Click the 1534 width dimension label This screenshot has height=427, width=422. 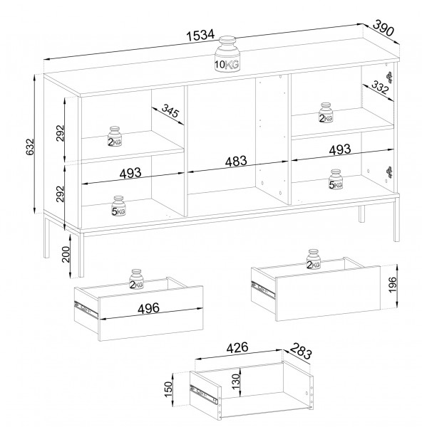point(201,36)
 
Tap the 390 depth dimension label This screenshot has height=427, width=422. point(383,28)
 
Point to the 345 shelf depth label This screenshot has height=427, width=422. point(170,110)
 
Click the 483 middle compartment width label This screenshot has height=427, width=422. point(236,161)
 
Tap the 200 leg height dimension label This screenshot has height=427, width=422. point(66,254)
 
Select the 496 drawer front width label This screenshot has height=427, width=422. point(148,308)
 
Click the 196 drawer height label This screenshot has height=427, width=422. point(393,285)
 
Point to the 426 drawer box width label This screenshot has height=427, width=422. point(237,348)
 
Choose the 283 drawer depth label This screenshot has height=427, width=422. point(300,351)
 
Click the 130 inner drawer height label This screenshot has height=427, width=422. point(236,381)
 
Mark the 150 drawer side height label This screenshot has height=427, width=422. point(168,389)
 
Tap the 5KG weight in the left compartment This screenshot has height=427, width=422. point(118,206)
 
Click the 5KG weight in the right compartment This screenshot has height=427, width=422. point(336,179)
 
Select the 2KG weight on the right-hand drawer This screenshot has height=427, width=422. point(313,259)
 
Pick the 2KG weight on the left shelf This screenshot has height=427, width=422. point(115,137)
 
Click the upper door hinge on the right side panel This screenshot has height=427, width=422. point(389,77)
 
